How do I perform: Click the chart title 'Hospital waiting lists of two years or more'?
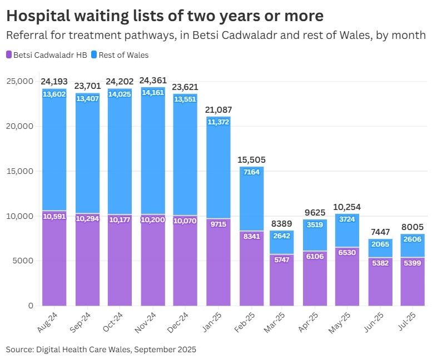point(165,15)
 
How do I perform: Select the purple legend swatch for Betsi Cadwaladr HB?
point(9,55)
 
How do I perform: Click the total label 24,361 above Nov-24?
point(152,81)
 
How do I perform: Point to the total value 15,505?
point(252,160)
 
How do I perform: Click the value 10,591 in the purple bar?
point(54,216)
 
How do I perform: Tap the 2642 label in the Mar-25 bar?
point(282,236)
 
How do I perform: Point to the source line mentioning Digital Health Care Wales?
point(101,349)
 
